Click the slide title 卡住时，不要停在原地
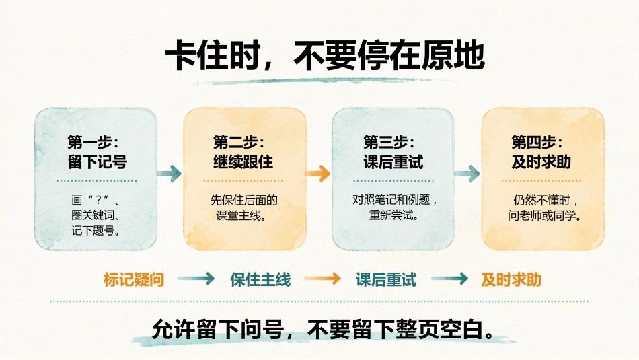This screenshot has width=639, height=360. pos(325,55)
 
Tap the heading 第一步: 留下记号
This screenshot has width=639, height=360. pos(97,152)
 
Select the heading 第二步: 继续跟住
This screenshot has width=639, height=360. pos(243,152)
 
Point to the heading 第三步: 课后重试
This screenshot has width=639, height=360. pos(393,152)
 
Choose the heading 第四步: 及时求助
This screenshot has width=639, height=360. pos(541,152)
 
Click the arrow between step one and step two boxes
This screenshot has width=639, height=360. pos(169,174)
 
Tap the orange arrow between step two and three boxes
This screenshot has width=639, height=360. pos(318,174)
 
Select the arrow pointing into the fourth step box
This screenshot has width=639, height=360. pos(467,174)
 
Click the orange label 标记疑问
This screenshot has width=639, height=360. pos(134,280)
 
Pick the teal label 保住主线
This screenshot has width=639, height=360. pos(260,280)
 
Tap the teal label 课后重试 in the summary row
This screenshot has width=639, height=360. pos(386,280)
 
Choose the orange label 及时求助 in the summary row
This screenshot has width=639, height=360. pos(511,280)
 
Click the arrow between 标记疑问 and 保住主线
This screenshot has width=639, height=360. pos(196,279)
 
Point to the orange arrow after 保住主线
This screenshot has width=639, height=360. pos(323,279)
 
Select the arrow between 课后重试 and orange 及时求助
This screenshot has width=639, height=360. pos(449,279)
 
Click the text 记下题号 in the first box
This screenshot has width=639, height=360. pos(93,231)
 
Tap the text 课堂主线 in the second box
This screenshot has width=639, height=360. pos(238,215)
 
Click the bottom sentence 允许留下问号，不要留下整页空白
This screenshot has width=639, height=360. pos(322,329)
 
